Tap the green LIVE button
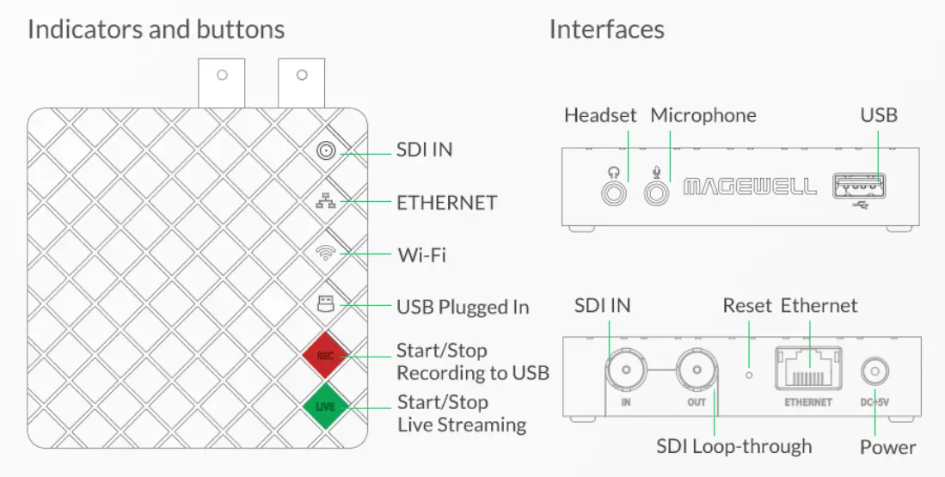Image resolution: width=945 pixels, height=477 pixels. (x=325, y=406)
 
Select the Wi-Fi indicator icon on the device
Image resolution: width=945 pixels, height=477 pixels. (x=326, y=254)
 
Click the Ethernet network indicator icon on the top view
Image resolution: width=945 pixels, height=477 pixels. (x=326, y=202)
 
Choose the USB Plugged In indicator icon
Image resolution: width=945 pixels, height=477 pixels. (x=326, y=304)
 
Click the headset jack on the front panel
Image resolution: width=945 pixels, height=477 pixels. (x=614, y=193)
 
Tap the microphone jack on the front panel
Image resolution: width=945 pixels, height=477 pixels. (x=658, y=193)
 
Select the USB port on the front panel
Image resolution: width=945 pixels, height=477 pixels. (x=860, y=186)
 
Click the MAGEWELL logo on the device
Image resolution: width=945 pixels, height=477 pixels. (x=749, y=187)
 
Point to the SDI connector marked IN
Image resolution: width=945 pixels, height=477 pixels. (x=625, y=372)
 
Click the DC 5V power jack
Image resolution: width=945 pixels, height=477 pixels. (x=874, y=372)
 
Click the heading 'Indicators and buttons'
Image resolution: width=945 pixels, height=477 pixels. (x=156, y=29)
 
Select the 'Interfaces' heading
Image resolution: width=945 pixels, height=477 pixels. (x=606, y=29)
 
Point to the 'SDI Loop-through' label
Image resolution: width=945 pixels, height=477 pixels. (x=733, y=446)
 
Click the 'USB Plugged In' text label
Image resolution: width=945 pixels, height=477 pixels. (x=463, y=307)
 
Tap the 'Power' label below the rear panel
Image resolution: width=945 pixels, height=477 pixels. (x=887, y=447)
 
